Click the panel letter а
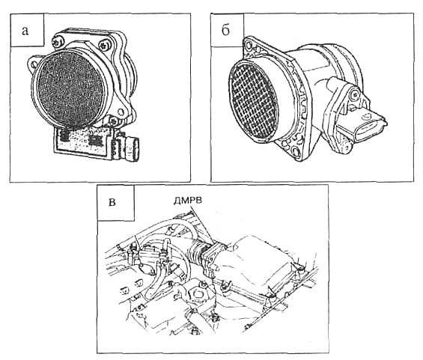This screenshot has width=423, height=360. (x=25, y=31)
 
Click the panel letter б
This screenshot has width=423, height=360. (x=225, y=29)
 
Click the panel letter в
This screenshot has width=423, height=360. (x=112, y=202)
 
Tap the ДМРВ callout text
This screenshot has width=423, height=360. (x=187, y=201)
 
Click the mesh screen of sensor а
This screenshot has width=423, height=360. (x=70, y=88)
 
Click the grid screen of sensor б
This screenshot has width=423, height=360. (x=253, y=100)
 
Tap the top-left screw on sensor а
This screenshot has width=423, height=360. (x=58, y=42)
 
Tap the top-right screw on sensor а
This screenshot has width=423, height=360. (x=104, y=44)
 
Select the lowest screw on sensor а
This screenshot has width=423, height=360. (x=114, y=120)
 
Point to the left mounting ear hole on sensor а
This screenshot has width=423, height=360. (x=34, y=64)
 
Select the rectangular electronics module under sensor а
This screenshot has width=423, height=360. (x=83, y=142)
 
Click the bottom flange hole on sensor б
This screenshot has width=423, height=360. (x=296, y=151)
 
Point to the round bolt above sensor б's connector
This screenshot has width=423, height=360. (x=353, y=94)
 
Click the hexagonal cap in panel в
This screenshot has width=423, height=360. (x=197, y=293)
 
